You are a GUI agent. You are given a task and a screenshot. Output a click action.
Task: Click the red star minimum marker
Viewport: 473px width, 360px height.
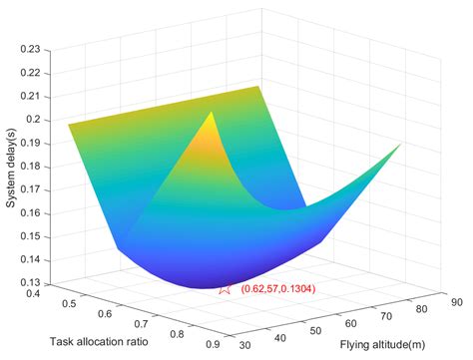click(x=225, y=289)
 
